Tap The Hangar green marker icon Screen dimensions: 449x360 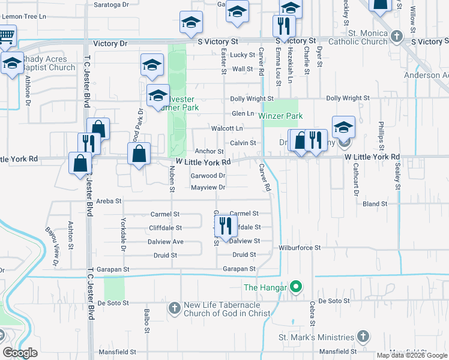point(295,287)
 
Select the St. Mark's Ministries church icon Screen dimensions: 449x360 point(363,336)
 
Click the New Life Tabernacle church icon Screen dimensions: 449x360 point(174,309)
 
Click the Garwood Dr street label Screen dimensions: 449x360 point(208,176)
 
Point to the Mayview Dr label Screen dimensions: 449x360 point(208,187)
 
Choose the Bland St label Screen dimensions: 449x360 point(375,204)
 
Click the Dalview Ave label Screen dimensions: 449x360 point(166,241)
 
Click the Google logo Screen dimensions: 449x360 point(20,353)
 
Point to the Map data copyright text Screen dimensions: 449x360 point(412,355)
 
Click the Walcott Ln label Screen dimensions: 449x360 point(226,128)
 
